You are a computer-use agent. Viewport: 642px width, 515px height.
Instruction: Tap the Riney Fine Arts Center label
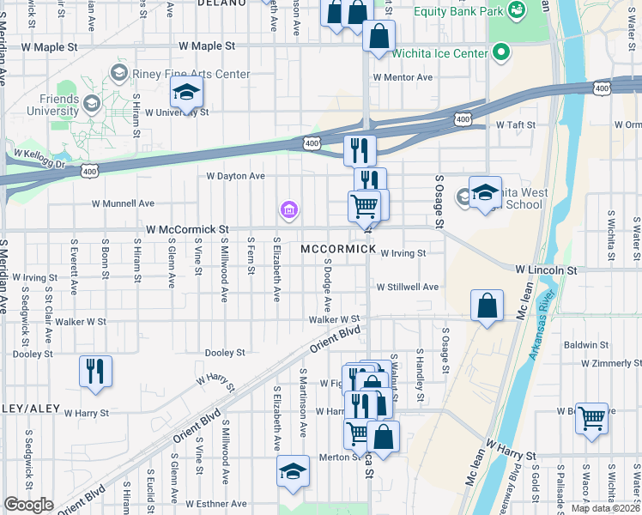(x=191, y=74)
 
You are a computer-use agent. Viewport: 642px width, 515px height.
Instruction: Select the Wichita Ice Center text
(x=439, y=53)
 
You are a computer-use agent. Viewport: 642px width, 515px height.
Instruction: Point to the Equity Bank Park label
(x=459, y=12)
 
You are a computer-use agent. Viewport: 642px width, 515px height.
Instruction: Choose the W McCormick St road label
(x=187, y=230)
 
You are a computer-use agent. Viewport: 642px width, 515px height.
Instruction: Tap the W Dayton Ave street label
(x=235, y=176)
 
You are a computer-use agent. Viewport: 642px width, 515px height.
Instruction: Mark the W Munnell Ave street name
(x=123, y=203)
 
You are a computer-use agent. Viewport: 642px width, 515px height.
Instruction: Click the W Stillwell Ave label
(x=408, y=287)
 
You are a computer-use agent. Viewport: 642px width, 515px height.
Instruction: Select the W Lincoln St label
(x=546, y=270)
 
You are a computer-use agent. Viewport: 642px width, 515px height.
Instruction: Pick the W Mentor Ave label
(x=403, y=77)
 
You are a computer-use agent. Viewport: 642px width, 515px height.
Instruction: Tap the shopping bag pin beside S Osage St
(x=487, y=306)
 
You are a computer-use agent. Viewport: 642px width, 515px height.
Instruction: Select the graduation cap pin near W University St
(x=185, y=92)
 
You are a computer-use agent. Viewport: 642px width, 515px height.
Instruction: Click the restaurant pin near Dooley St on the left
(x=94, y=372)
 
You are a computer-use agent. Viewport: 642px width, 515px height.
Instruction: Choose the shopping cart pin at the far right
(x=591, y=420)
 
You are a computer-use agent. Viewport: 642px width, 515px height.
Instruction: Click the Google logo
(x=29, y=505)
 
